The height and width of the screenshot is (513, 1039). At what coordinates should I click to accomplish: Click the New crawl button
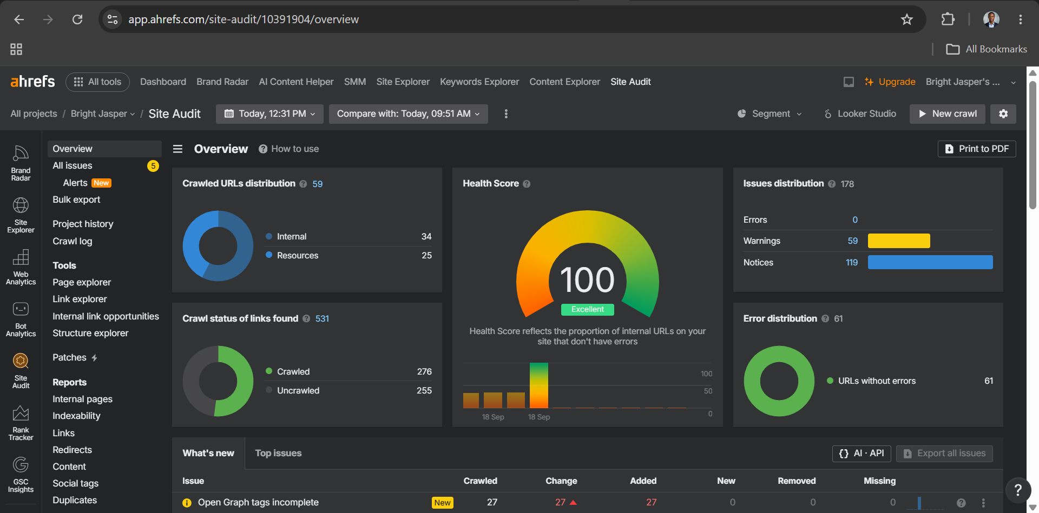947,114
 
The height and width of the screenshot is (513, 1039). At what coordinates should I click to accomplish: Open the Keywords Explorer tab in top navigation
479,82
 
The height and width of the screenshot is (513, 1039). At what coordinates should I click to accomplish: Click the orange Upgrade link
890,82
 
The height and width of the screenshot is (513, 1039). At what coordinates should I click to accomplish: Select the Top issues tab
278,453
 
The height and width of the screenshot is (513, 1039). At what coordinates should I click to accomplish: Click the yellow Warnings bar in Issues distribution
899,241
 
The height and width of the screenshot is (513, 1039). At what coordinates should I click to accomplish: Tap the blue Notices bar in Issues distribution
930,262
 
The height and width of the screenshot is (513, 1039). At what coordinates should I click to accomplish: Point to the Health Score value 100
587,279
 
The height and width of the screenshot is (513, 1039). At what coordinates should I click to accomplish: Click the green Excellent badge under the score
588,309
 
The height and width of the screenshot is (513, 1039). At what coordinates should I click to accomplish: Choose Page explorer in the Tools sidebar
82,282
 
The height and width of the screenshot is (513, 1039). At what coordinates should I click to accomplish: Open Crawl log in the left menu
73,241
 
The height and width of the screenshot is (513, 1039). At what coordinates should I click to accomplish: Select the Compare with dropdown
409,114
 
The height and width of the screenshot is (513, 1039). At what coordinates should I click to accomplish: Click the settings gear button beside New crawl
1003,114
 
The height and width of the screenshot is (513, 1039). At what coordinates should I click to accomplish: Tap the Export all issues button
944,454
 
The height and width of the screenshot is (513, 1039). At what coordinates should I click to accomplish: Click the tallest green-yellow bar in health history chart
539,385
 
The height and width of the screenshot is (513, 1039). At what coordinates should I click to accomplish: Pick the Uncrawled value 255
424,390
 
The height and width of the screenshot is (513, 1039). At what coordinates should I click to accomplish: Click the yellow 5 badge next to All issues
153,166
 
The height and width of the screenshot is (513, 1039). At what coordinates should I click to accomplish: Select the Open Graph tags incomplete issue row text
258,502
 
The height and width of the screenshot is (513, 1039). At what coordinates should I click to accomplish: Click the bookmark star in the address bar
907,19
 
